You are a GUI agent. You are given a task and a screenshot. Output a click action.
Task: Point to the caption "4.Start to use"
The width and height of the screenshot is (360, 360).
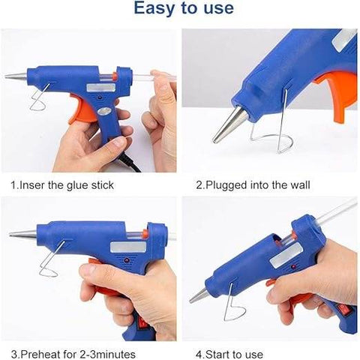228,352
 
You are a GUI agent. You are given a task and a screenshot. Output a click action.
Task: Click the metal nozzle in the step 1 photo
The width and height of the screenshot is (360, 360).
16,76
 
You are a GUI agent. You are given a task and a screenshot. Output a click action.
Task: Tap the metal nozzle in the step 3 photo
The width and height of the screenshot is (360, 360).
22,234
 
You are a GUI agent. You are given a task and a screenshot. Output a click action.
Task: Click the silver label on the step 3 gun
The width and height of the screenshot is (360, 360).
124,247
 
